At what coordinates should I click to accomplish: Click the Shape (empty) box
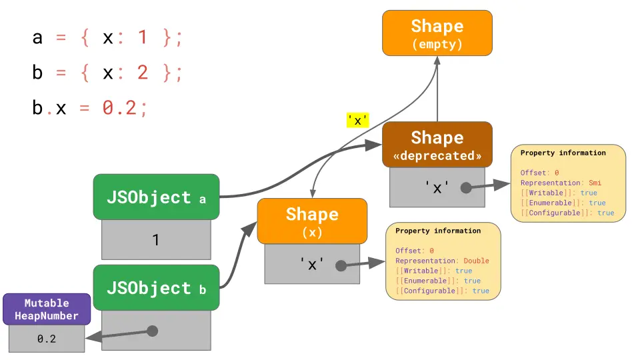pyautogui.click(x=437, y=33)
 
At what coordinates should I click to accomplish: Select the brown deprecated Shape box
pyautogui.click(x=437, y=145)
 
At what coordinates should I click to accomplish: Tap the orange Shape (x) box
pyautogui.click(x=312, y=221)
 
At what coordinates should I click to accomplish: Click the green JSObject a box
pyautogui.click(x=156, y=197)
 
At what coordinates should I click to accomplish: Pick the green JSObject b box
pyautogui.click(x=156, y=287)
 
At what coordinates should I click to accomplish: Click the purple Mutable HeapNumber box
pyautogui.click(x=47, y=309)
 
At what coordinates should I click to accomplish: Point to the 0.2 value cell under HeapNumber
pyautogui.click(x=47, y=339)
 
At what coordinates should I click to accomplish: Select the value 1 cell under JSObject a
pyautogui.click(x=156, y=239)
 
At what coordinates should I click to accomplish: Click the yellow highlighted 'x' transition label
pyautogui.click(x=358, y=120)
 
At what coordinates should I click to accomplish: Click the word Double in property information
pyautogui.click(x=476, y=261)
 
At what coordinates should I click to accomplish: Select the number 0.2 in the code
pyautogui.click(x=121, y=107)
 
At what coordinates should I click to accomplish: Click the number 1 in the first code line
pyautogui.click(x=142, y=37)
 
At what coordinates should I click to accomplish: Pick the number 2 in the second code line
pyautogui.click(x=142, y=72)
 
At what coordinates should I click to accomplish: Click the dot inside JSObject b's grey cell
pyautogui.click(x=152, y=331)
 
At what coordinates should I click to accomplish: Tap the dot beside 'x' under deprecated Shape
pyautogui.click(x=466, y=188)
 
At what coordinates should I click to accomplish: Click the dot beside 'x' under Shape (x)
pyautogui.click(x=341, y=265)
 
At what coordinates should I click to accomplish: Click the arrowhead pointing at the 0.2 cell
pyautogui.click(x=92, y=338)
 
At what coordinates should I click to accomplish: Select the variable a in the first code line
pyautogui.click(x=37, y=37)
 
